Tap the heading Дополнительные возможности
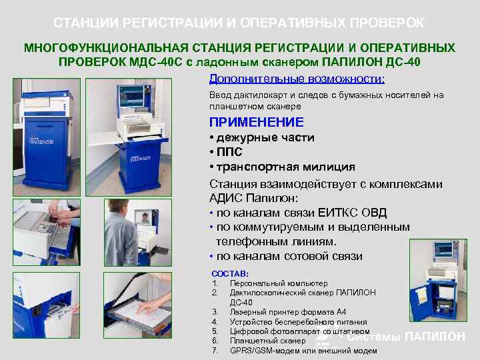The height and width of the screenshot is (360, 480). (297, 79)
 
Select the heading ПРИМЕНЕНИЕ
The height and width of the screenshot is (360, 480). (256, 122)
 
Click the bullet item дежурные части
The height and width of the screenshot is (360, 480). (265, 137)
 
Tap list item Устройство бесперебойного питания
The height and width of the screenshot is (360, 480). (297, 321)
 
